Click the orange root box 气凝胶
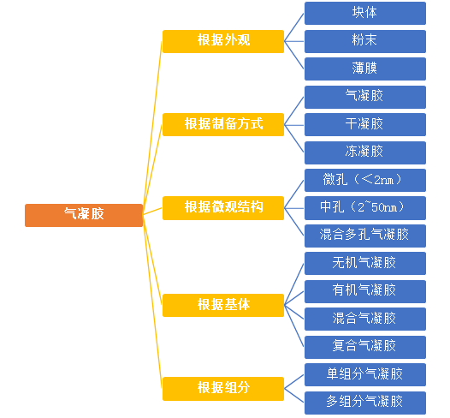(84, 215)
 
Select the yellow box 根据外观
(223, 41)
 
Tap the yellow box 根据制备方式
(223, 125)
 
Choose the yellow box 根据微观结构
(223, 208)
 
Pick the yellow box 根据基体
(223, 305)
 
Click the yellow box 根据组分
(223, 389)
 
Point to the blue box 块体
(365, 13)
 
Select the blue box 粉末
(365, 41)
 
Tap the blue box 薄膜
(365, 69)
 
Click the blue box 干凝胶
(365, 125)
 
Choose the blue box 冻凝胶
(365, 152)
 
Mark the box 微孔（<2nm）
(365, 180)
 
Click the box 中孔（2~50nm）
(365, 208)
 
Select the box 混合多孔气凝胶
(365, 236)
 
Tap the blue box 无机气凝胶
(365, 264)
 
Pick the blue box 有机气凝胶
(365, 291)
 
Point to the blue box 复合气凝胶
(365, 347)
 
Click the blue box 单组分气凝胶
(365, 374)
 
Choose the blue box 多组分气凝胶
(365, 403)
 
